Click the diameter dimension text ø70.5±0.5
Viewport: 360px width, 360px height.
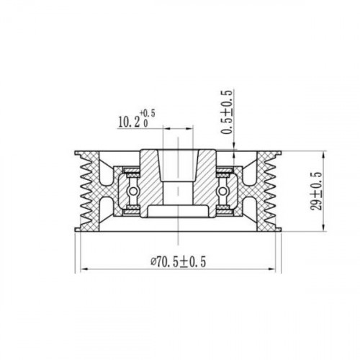pos(179,262)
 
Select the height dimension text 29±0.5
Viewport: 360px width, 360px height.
pos(317,192)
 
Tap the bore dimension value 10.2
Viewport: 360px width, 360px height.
pos(129,122)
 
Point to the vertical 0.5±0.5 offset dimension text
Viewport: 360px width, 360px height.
pos(227,112)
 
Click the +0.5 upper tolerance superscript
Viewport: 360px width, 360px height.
pos(148,113)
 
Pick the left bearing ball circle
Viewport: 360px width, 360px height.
pos(132,192)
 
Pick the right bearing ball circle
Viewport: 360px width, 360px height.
pos(222,192)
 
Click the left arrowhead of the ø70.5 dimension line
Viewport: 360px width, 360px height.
pos(84,269)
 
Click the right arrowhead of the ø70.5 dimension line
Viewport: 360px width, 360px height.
pos(271,269)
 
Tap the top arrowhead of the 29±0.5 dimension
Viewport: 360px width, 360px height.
pos(324,155)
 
